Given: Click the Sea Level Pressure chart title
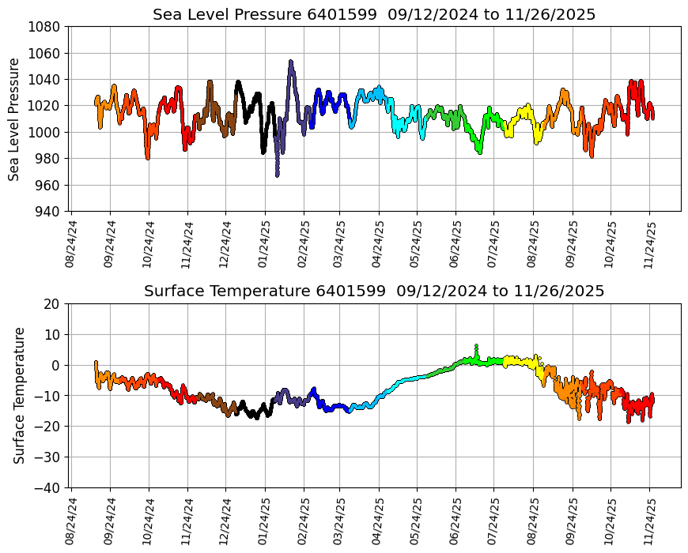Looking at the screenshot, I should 374,14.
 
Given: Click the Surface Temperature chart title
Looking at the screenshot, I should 374,292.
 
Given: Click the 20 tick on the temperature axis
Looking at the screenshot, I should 54,304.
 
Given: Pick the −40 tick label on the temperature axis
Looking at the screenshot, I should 50,488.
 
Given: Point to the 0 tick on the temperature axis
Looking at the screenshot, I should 58,366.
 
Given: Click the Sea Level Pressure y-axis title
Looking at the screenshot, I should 14,118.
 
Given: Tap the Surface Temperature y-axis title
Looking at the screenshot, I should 19,395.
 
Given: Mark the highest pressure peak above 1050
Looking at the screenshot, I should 291,61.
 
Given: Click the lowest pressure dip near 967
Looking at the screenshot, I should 277,175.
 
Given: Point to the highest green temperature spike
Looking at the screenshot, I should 476,346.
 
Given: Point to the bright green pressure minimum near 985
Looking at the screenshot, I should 479,152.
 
